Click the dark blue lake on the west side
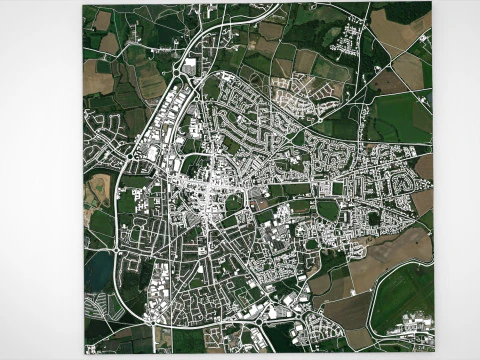[x=99, y=268]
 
